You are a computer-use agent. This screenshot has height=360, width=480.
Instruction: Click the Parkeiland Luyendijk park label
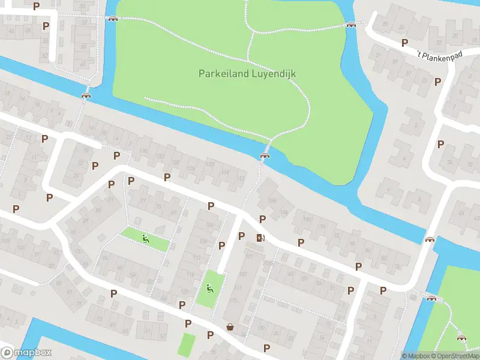[247, 74]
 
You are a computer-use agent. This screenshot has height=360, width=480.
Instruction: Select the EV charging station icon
[260, 238]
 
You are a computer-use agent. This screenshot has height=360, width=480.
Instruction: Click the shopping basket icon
[230, 327]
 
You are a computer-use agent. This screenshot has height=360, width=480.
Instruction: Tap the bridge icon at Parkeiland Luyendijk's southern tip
[265, 155]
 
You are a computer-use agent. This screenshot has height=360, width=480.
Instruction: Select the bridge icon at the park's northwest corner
[112, 19]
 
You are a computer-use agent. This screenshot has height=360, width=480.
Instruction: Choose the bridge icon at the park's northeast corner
[351, 25]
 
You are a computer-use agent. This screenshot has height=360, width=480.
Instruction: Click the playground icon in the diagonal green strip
[145, 238]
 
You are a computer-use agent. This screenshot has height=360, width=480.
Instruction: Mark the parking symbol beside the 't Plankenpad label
[405, 43]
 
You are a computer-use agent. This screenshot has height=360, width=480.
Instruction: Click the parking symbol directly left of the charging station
[241, 236]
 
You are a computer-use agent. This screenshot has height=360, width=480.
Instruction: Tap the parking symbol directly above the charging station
[262, 219]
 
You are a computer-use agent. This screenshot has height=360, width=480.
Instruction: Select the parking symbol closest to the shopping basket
[210, 335]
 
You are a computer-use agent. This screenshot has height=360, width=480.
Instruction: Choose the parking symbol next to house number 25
[95, 166]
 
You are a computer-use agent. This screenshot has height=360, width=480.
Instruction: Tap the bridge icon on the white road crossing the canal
[430, 240]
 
